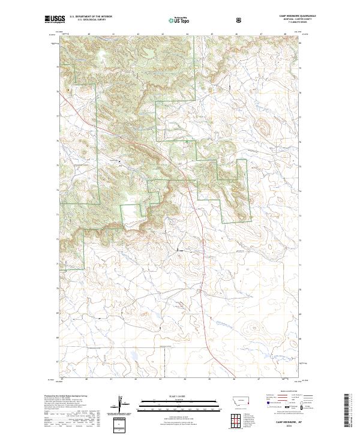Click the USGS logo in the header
tap(55, 20)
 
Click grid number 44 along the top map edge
tap(187, 35)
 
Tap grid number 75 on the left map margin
tap(58, 164)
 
